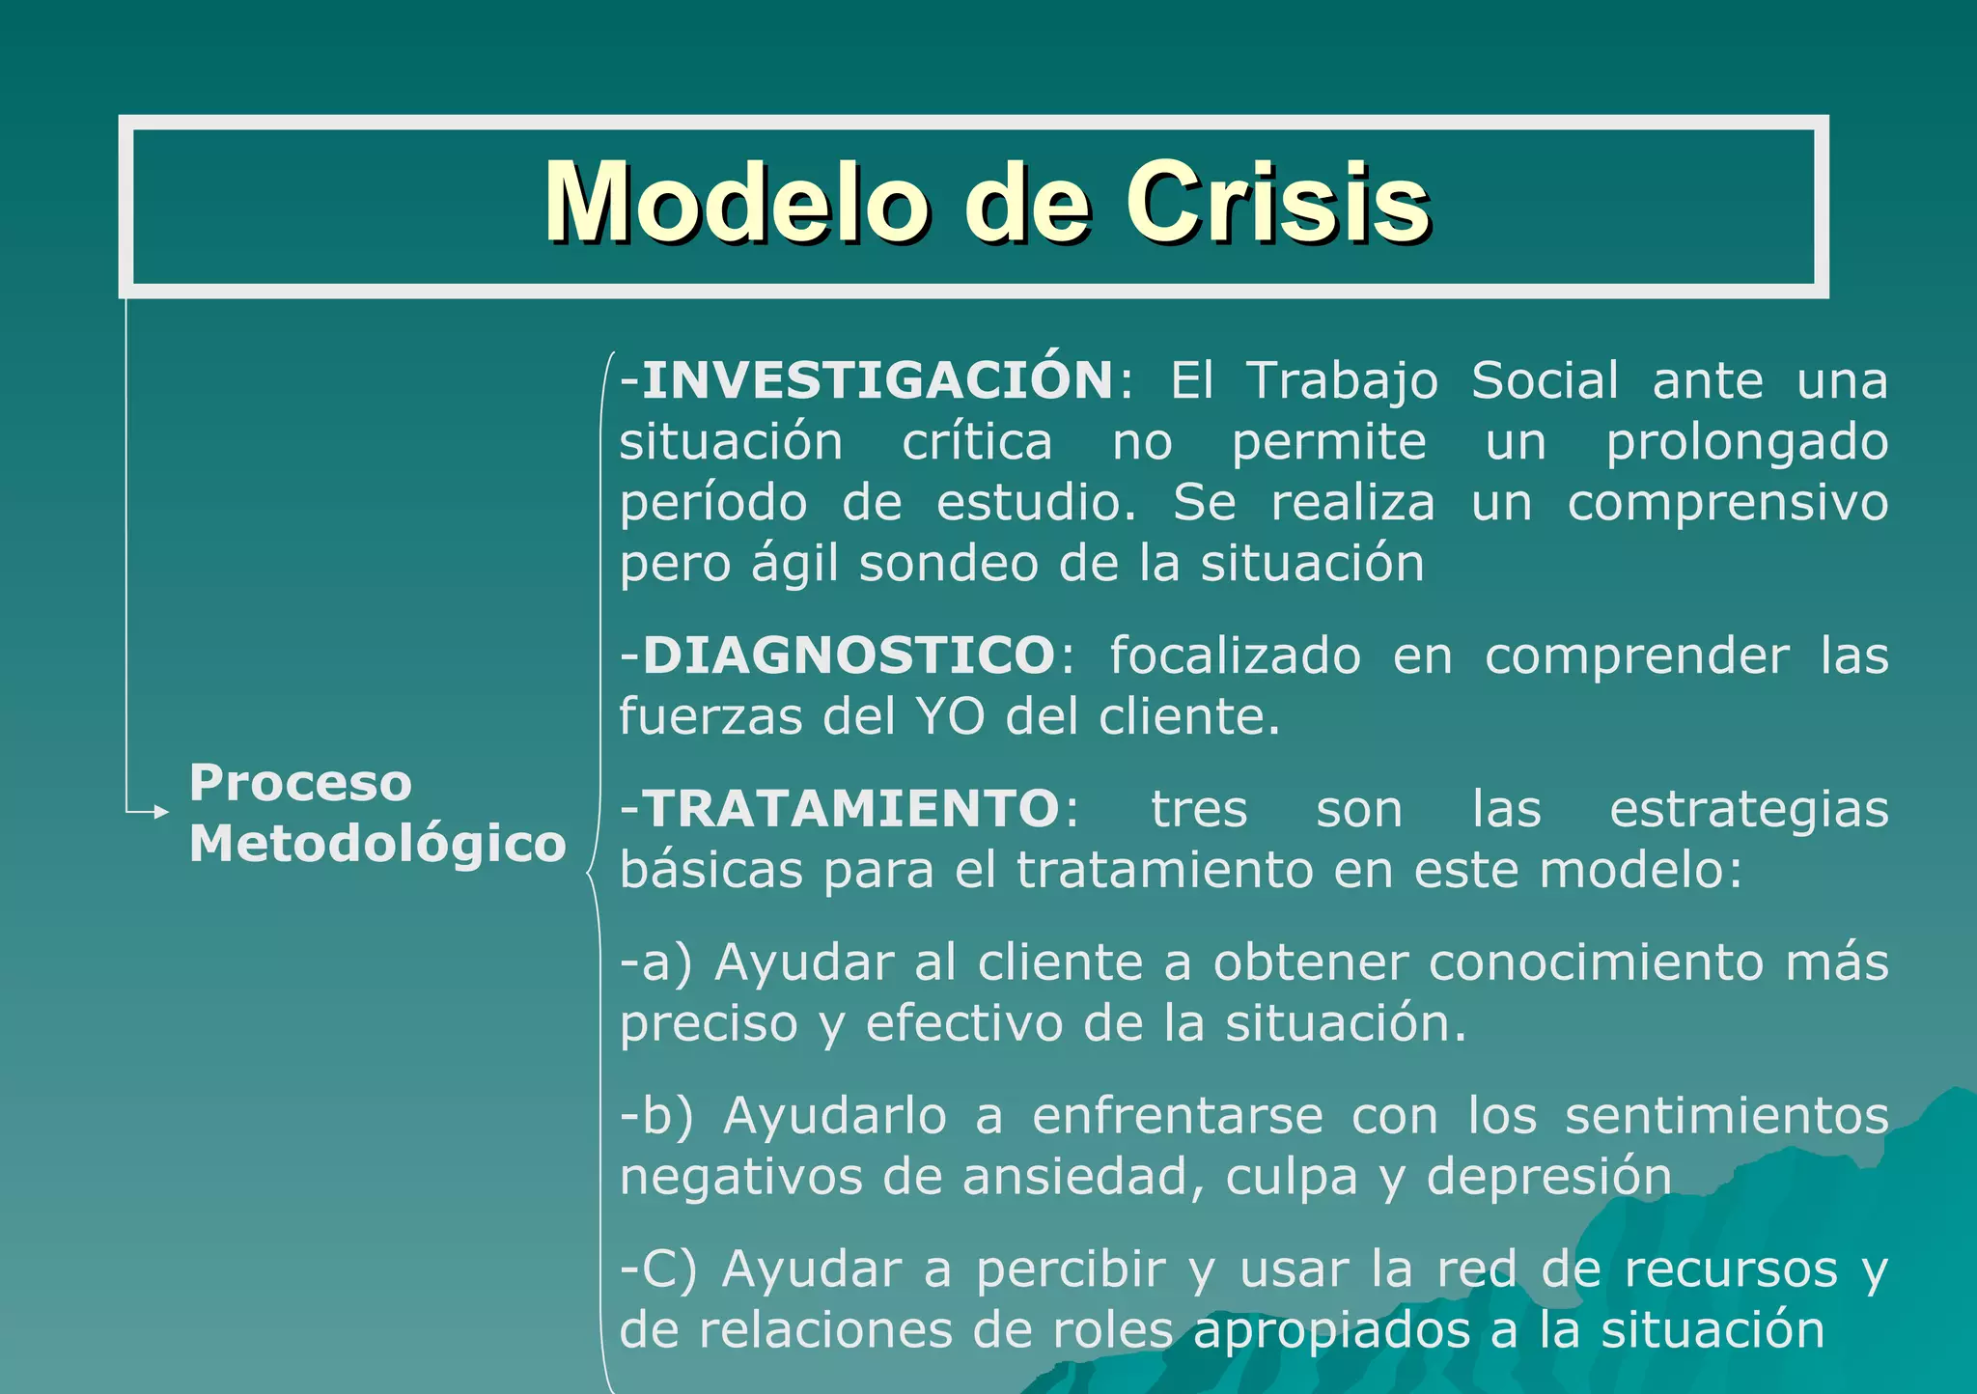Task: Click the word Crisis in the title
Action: point(1276,204)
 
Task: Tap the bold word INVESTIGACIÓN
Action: point(877,379)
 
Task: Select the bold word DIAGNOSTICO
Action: point(849,655)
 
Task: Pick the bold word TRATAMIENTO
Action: point(850,808)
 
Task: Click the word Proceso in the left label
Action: point(300,782)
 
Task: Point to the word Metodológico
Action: point(377,844)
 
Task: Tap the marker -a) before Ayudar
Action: point(655,962)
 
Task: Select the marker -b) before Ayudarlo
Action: point(656,1116)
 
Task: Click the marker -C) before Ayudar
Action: point(657,1269)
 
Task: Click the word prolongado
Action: point(1746,443)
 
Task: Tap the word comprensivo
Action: point(1727,504)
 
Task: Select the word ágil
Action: point(794,565)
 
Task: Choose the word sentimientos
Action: point(1726,1116)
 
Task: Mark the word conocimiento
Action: point(1596,962)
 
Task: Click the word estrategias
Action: point(1748,809)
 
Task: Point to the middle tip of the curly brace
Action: point(587,874)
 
